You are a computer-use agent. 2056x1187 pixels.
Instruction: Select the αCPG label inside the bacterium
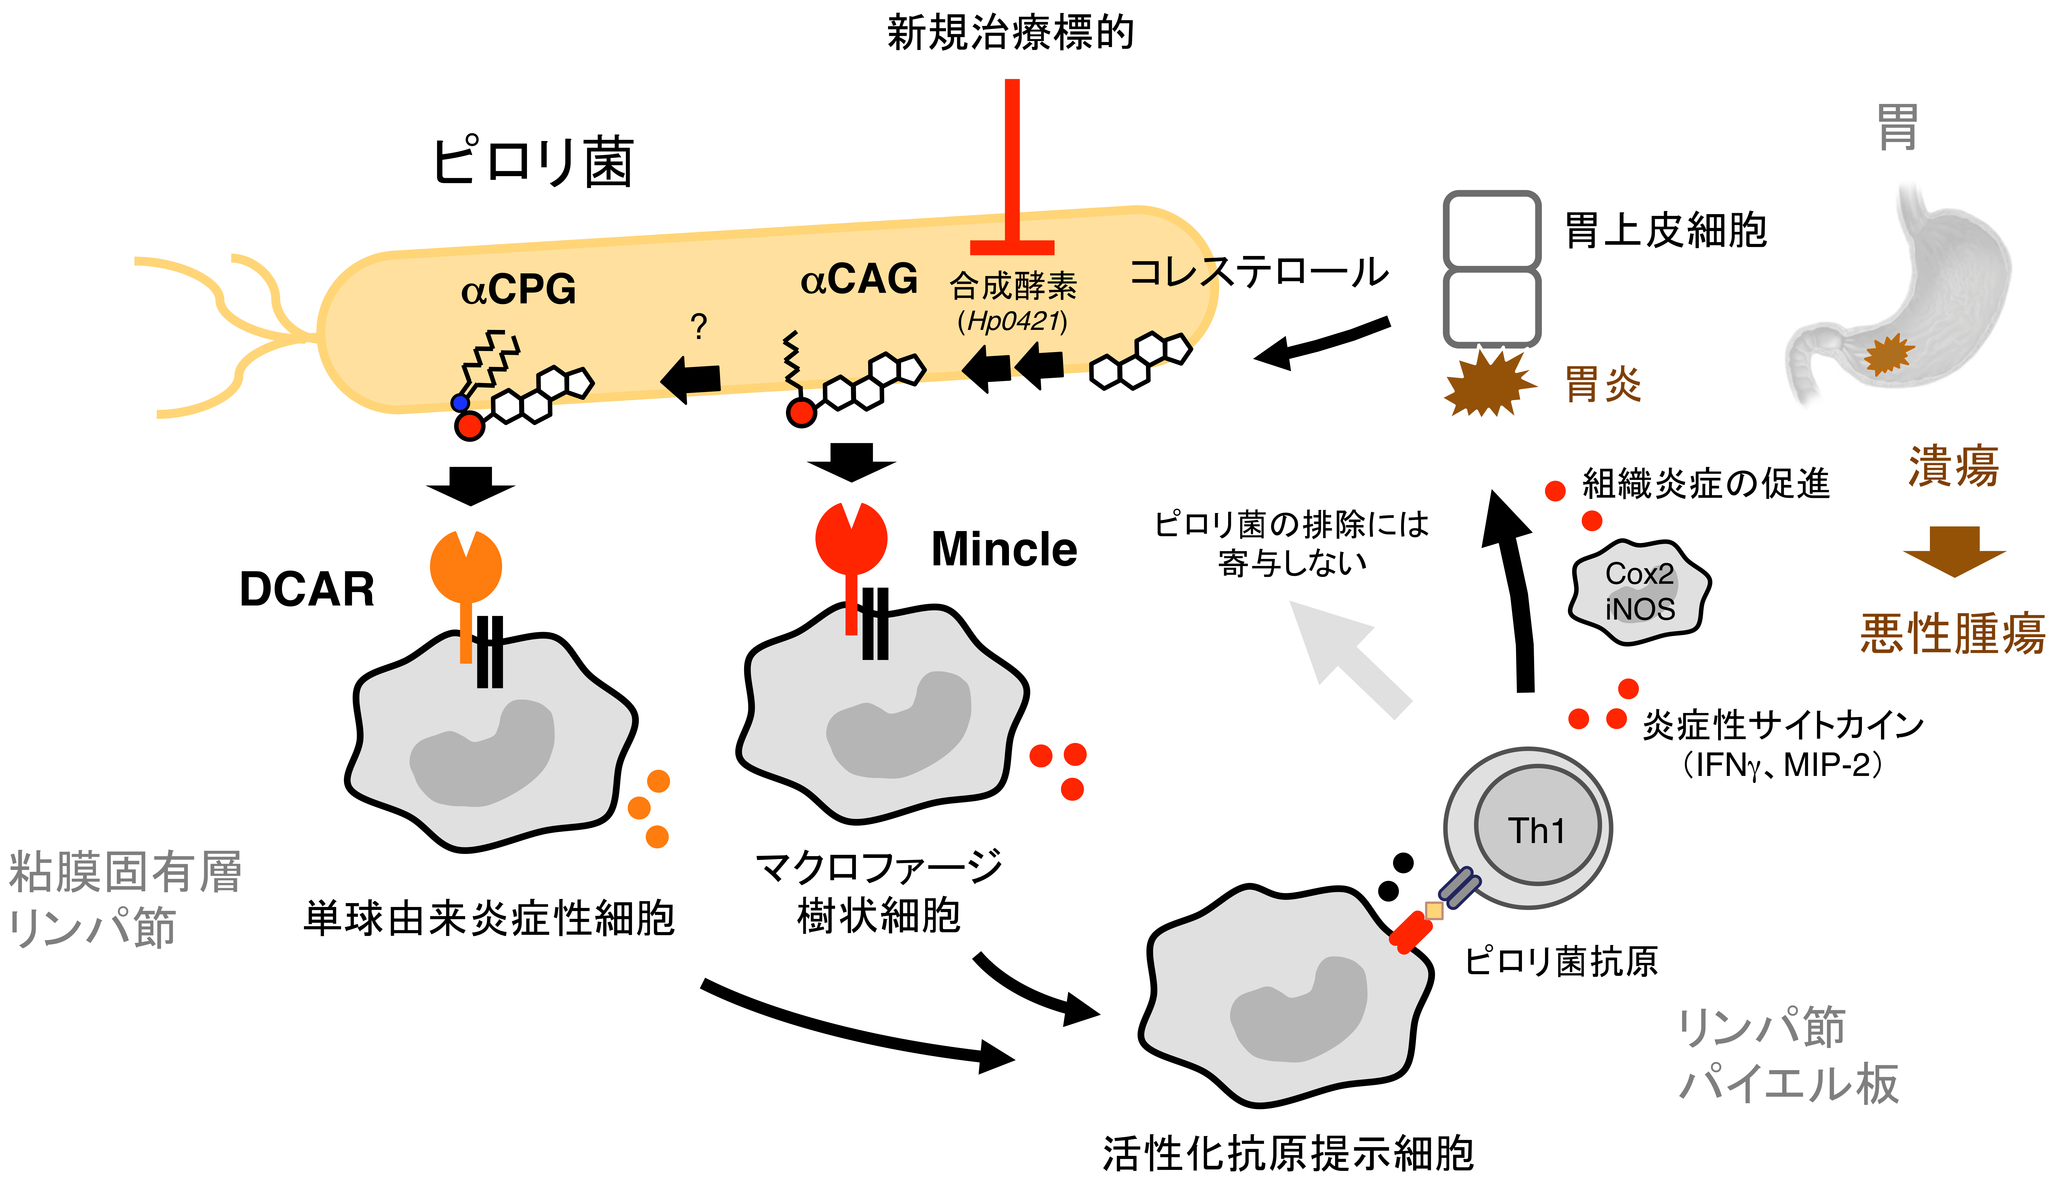click(518, 290)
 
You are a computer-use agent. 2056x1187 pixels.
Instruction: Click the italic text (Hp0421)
click(1012, 321)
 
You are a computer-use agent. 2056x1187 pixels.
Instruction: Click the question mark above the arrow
click(698, 327)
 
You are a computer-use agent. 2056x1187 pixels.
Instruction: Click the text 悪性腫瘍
click(1952, 633)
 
